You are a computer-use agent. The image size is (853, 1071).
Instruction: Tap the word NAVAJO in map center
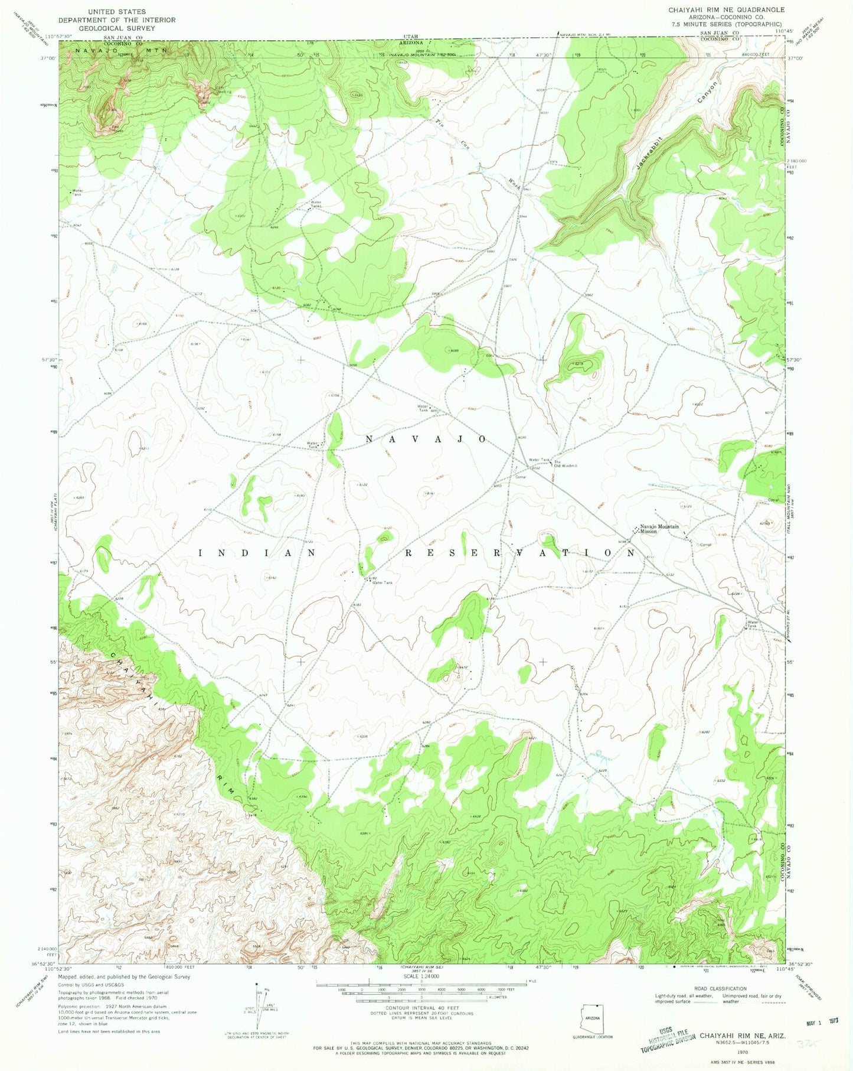point(426,439)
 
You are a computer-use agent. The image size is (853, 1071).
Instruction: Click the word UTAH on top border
point(411,37)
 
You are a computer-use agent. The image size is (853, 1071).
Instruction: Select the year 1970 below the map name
point(742,1052)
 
